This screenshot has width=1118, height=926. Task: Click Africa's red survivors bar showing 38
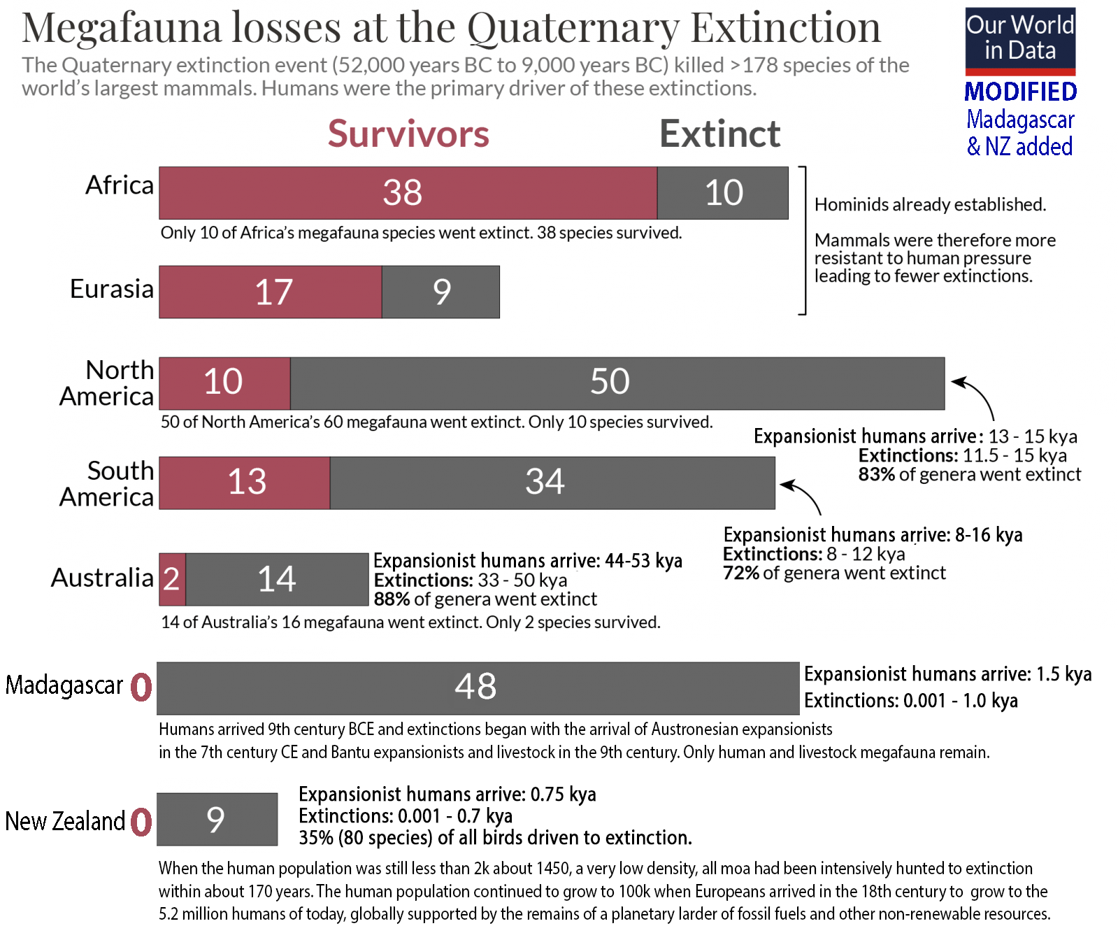(408, 193)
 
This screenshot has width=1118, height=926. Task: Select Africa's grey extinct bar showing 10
(722, 193)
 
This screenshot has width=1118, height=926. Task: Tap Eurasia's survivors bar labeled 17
(271, 292)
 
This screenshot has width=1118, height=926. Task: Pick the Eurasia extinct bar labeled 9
(440, 292)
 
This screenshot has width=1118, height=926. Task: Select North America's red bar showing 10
(224, 383)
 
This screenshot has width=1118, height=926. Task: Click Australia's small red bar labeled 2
(172, 579)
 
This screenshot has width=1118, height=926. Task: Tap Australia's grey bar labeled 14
(277, 579)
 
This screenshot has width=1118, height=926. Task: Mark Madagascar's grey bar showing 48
(478, 688)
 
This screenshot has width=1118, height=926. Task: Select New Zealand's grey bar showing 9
(217, 819)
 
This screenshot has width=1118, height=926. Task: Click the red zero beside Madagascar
(141, 687)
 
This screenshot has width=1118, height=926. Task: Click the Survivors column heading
(408, 134)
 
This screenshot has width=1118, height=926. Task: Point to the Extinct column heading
(719, 134)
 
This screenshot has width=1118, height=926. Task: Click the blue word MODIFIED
(1020, 92)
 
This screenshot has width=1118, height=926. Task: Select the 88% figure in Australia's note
(392, 599)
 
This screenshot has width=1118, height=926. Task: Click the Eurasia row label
(112, 289)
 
